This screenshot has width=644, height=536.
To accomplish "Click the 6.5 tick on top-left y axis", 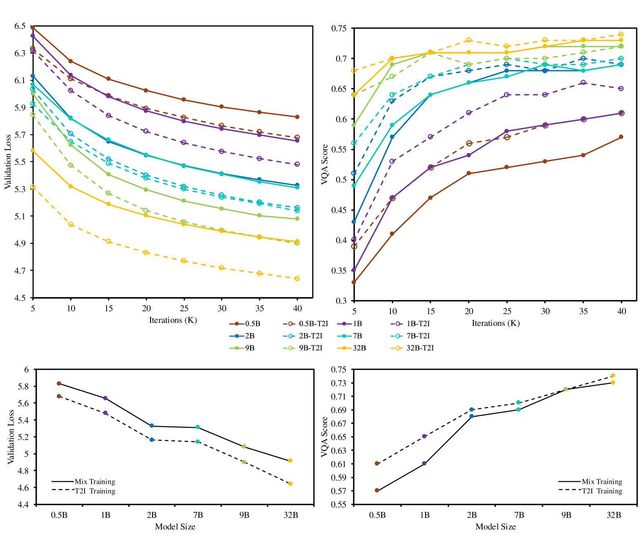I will (x=20, y=26).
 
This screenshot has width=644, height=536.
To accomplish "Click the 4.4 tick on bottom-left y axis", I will (x=24, y=505).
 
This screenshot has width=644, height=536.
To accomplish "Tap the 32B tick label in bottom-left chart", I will (x=291, y=515).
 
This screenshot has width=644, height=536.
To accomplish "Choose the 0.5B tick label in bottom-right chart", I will (x=377, y=515).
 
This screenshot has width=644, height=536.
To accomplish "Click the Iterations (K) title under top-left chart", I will (x=173, y=320).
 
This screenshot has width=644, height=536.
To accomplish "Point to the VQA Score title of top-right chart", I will (x=325, y=164).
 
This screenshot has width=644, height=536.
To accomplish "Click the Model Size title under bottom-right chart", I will (x=495, y=527).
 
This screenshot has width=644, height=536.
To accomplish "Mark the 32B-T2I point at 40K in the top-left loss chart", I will (x=297, y=279).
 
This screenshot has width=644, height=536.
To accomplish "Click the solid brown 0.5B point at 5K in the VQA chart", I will (x=354, y=282).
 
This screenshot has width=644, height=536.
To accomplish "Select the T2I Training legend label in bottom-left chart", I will (x=95, y=491).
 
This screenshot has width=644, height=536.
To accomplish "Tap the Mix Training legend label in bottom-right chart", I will (x=602, y=482).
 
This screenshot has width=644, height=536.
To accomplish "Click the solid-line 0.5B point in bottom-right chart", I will (x=377, y=490).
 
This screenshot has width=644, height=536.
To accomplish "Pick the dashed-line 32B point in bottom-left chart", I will (x=290, y=484).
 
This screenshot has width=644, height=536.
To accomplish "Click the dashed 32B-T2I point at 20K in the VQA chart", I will (x=469, y=40).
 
